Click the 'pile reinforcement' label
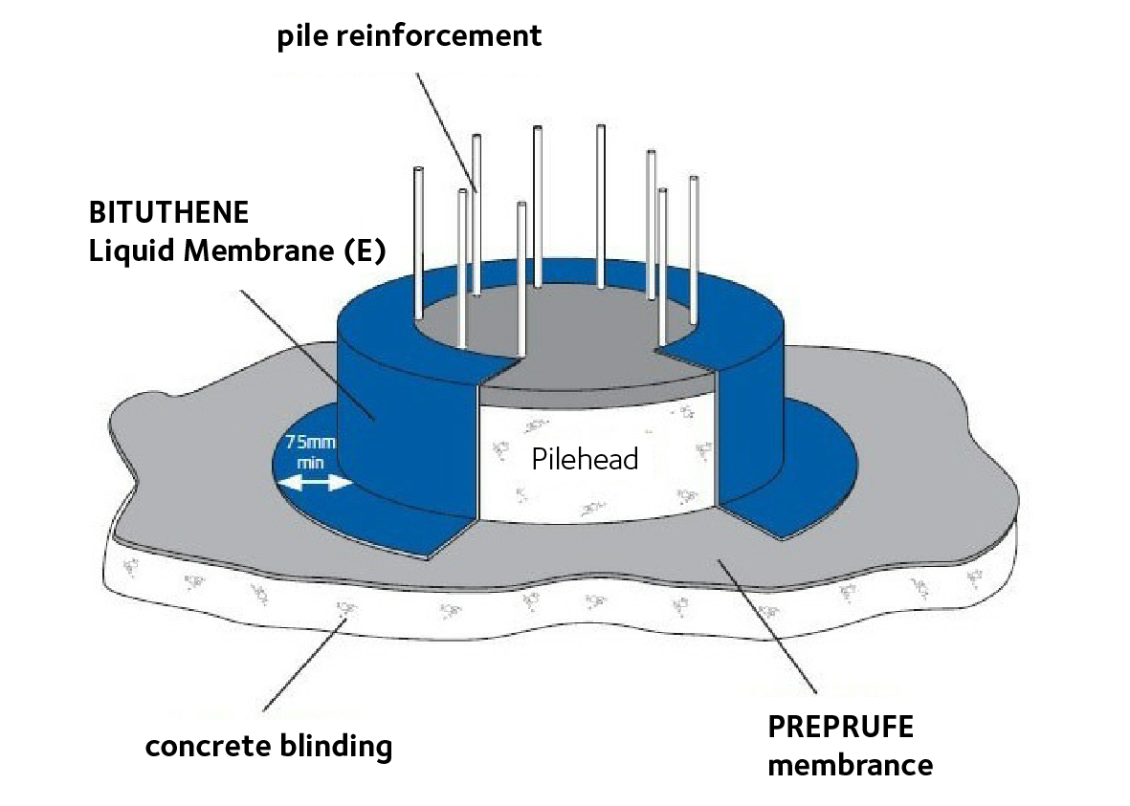(x=409, y=36)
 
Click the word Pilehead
(x=584, y=459)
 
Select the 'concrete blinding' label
(x=268, y=745)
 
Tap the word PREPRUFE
(x=840, y=727)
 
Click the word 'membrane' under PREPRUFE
(x=850, y=765)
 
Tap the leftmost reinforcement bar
(x=418, y=244)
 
